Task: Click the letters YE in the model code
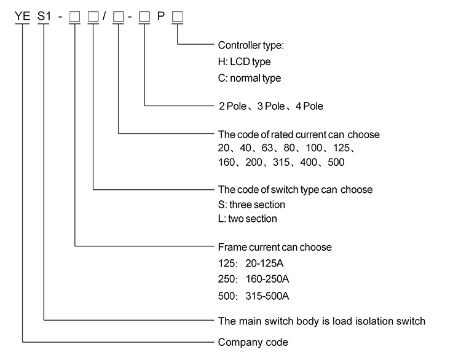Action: (x=23, y=17)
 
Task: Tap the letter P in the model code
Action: (x=161, y=17)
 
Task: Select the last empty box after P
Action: (x=178, y=17)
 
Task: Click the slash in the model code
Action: (x=105, y=17)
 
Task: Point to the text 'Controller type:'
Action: (x=251, y=45)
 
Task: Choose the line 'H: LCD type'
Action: (x=244, y=62)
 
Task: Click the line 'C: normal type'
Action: (x=250, y=78)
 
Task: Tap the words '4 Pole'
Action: (x=309, y=106)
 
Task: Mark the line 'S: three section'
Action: (x=252, y=205)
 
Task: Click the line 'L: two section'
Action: (x=248, y=219)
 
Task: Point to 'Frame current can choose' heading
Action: (x=275, y=247)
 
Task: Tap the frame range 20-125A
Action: (x=265, y=264)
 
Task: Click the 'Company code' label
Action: (x=253, y=342)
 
